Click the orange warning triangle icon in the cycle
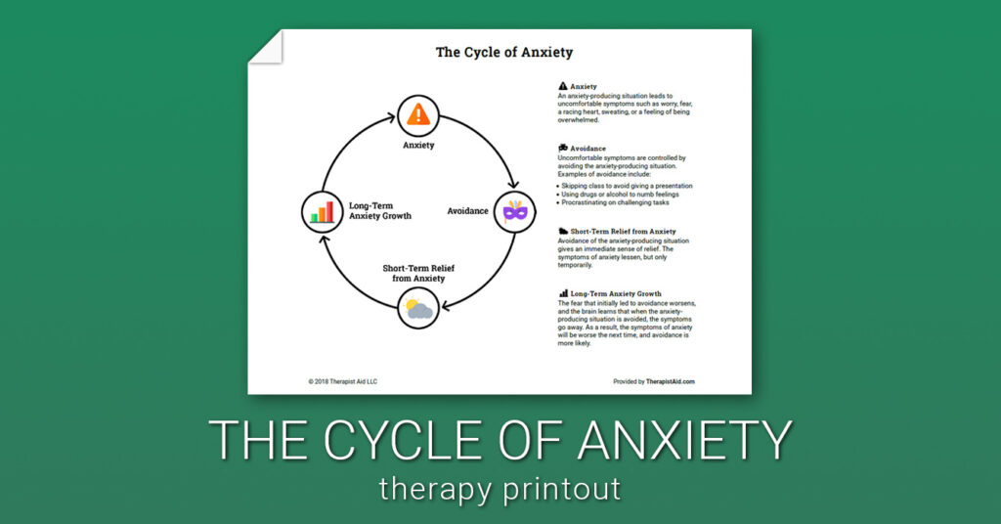click(x=418, y=114)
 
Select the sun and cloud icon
click(x=417, y=311)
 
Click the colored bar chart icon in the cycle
click(x=322, y=211)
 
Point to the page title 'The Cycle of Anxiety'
click(x=504, y=53)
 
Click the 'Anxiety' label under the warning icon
click(x=418, y=145)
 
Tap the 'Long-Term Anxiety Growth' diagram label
click(x=375, y=211)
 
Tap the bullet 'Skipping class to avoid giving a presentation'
click(x=628, y=185)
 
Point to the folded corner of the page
click(x=266, y=47)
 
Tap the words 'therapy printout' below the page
click(x=500, y=489)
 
